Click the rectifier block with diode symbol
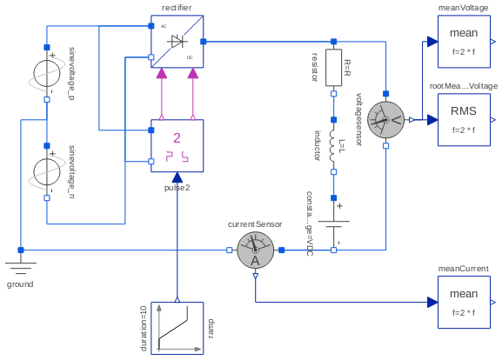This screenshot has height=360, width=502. point(177,42)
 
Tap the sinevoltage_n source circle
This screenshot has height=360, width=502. point(46,169)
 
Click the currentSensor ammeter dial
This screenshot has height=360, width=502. point(255,251)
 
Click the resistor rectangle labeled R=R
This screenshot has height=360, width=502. point(333,68)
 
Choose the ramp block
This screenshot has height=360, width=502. point(177,328)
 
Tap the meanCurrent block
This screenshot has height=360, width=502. point(464,303)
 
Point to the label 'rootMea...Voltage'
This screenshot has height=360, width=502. point(464,86)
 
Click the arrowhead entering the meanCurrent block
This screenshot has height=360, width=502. point(432,303)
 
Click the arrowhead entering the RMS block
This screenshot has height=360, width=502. point(432,120)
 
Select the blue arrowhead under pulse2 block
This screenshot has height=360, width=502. point(177,178)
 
